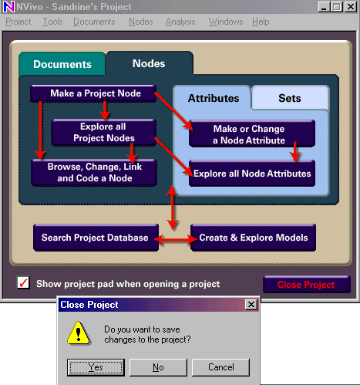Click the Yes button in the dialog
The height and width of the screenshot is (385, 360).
point(96,367)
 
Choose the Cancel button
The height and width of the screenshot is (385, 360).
point(220,367)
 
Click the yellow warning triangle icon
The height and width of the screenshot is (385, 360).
point(79,333)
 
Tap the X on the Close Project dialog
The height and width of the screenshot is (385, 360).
point(251,305)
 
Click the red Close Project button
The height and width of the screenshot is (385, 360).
point(307,285)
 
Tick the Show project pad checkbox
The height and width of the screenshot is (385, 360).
point(23,283)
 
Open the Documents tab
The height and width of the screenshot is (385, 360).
point(62,64)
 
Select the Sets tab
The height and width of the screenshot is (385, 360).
point(290,98)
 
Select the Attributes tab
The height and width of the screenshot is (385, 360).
point(214,98)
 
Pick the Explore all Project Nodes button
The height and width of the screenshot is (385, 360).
point(103,133)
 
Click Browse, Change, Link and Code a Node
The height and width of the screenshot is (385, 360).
point(94,173)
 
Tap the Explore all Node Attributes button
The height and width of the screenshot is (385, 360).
point(252,174)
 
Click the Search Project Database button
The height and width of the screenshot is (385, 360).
point(96,238)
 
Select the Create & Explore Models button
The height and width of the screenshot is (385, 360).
point(253,238)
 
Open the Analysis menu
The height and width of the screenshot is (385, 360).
point(180,22)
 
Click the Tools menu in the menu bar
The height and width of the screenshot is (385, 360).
point(52,22)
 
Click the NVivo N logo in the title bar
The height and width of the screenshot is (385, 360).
point(8,7)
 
